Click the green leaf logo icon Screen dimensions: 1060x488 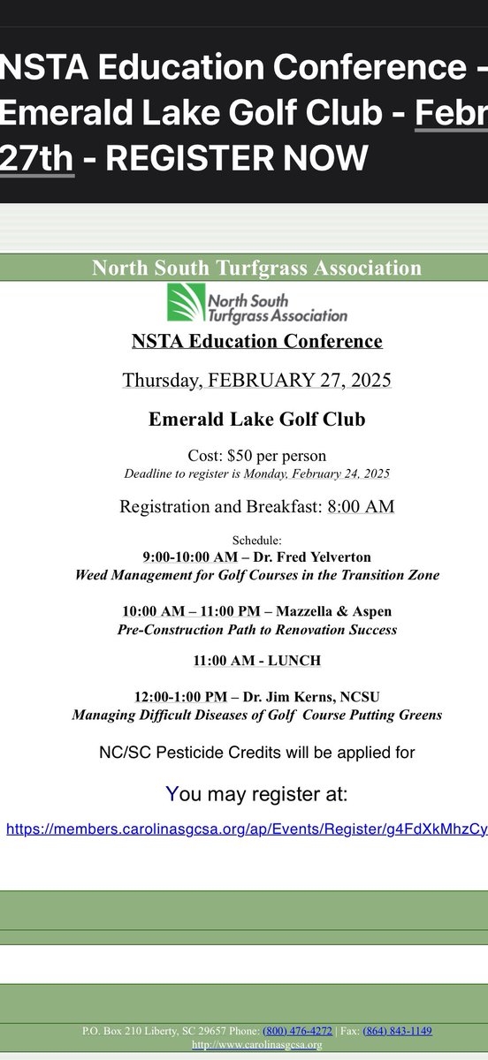pos(187,303)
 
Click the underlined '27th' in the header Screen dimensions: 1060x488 pos(37,158)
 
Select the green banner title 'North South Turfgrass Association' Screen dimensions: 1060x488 pos(256,268)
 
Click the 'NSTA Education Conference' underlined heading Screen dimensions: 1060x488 pos(256,341)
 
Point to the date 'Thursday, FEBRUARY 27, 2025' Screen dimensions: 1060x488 pos(256,380)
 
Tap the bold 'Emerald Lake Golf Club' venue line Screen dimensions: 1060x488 pos(256,420)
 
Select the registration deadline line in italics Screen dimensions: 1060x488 pos(256,473)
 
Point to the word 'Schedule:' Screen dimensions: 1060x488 pos(256,539)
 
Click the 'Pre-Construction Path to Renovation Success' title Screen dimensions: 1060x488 pos(256,630)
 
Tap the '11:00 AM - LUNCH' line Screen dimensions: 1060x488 pos(256,660)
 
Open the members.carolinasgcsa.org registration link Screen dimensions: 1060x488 pos(247,829)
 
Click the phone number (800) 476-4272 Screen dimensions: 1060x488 pos(302,1031)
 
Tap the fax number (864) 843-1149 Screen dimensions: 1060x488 pos(397,1031)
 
